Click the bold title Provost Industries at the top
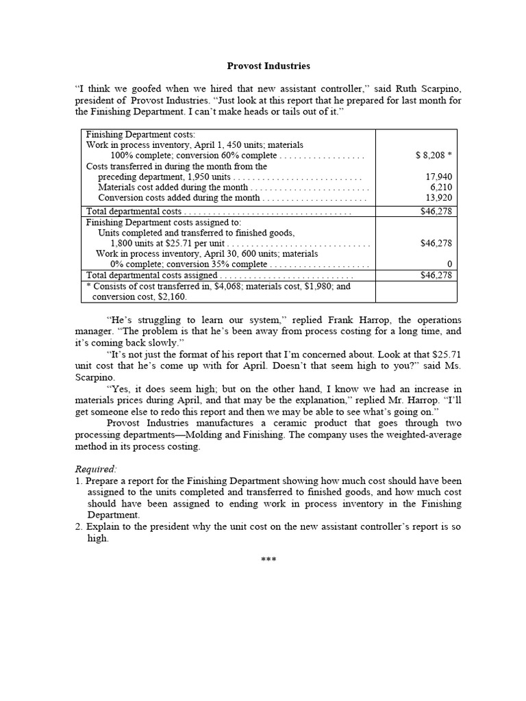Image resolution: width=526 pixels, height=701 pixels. click(268, 66)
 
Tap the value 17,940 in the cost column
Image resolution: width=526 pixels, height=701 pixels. click(439, 177)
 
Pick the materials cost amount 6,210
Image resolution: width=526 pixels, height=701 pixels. click(441, 187)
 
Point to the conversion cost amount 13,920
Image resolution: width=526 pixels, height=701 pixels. click(439, 198)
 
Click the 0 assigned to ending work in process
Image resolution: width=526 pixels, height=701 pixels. click(449, 264)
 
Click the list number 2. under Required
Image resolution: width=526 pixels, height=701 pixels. click(79, 527)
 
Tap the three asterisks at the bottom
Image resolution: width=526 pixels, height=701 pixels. click(268, 560)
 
